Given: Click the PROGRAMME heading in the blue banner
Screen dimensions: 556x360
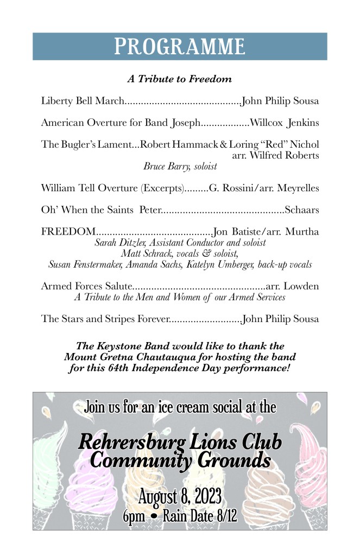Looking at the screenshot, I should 179,47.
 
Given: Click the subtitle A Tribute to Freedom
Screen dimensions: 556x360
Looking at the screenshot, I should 179,79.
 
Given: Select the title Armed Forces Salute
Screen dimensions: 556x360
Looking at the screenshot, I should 87,286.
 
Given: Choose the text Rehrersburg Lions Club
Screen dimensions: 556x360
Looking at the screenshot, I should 179,442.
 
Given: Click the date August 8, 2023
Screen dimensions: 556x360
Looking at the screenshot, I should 179,496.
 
